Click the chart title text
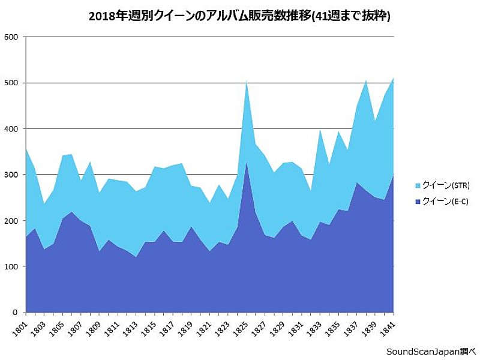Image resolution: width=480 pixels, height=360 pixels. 239,17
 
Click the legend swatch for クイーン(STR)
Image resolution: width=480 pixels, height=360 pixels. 417,185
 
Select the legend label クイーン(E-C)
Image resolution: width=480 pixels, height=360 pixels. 445,202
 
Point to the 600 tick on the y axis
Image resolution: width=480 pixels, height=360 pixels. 12,37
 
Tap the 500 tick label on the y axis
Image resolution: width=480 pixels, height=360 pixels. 12,83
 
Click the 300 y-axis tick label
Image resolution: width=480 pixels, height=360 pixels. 12,175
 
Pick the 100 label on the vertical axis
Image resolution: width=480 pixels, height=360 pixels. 12,266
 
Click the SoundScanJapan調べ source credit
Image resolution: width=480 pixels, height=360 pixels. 430,351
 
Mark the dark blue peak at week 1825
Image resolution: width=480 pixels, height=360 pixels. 247,163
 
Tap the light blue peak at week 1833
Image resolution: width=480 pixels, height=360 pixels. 320,130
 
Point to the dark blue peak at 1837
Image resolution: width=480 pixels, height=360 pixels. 357,183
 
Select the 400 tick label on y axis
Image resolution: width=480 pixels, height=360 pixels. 12,129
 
